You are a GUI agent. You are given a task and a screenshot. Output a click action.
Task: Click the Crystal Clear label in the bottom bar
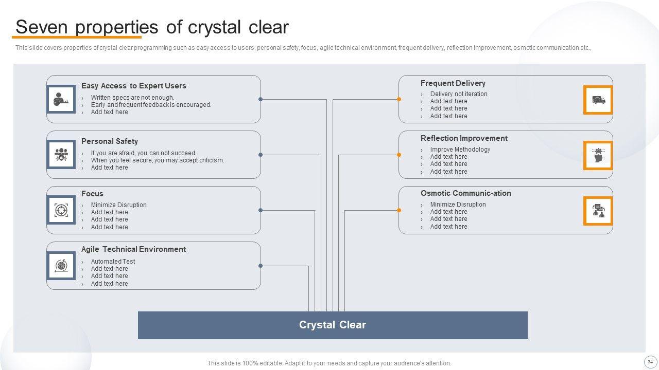click(332, 325)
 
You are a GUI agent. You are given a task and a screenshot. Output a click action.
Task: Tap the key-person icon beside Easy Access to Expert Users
click(61, 99)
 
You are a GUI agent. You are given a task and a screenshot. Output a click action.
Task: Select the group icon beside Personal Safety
click(61, 155)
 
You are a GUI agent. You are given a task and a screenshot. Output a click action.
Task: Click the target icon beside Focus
click(61, 210)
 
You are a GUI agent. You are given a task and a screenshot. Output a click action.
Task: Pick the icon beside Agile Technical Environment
click(61, 266)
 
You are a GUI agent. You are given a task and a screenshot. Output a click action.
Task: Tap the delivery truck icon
click(598, 100)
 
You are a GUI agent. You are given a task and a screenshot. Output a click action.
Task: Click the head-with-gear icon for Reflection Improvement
click(598, 155)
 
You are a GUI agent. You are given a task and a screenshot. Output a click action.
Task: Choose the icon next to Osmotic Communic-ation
click(598, 211)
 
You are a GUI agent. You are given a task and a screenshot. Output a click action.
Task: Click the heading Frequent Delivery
click(453, 83)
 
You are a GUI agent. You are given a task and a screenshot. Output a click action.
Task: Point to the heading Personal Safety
click(109, 141)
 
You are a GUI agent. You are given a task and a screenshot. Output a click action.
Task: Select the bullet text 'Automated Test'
click(113, 262)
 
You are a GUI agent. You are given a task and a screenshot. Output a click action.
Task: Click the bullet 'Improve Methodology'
click(460, 150)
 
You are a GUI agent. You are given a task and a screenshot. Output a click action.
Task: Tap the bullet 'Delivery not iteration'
click(458, 94)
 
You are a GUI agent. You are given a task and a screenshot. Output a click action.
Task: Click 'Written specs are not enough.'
click(132, 98)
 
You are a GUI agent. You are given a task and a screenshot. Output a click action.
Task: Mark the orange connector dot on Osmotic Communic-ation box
click(399, 210)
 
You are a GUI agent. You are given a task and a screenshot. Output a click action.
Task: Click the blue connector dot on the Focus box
click(261, 210)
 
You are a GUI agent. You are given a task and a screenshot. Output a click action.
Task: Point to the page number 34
click(650, 361)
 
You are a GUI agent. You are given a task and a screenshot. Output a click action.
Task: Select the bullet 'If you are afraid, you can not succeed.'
click(144, 153)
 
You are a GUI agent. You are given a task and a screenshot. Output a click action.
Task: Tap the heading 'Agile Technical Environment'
click(133, 249)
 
